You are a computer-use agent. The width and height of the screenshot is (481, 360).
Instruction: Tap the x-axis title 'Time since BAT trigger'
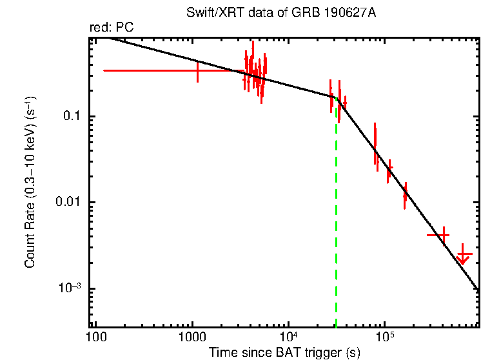click(x=284, y=352)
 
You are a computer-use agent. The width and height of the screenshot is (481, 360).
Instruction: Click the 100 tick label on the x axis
click(x=96, y=337)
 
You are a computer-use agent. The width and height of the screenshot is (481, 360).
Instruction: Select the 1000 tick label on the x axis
click(x=191, y=337)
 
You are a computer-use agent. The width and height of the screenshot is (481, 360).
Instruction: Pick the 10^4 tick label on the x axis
click(x=288, y=337)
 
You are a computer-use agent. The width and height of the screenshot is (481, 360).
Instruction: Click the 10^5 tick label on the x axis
click(x=384, y=337)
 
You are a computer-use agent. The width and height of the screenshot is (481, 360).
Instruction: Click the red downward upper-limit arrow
click(x=462, y=257)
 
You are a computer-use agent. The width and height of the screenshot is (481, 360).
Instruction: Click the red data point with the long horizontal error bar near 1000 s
click(x=197, y=70)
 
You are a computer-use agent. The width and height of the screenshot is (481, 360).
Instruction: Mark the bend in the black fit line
click(x=336, y=98)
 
